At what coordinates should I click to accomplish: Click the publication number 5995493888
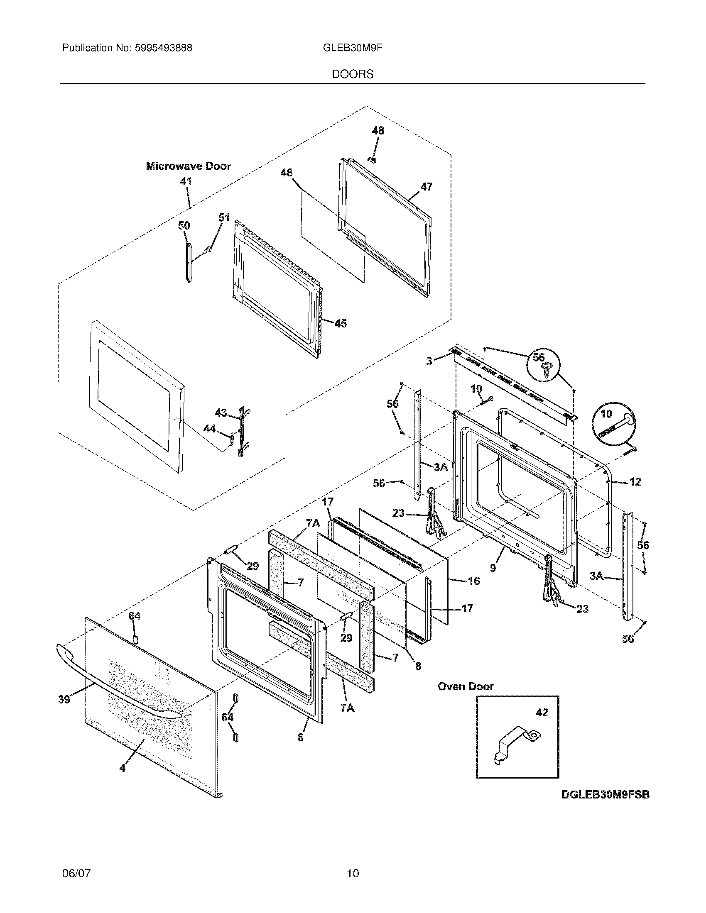[x=164, y=48]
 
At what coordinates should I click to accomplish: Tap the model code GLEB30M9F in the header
[x=353, y=48]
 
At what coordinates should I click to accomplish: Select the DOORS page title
[x=353, y=74]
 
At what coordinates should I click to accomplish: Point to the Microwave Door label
[x=188, y=166]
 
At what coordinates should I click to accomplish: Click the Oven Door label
[x=466, y=686]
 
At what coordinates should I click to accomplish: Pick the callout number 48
[x=378, y=131]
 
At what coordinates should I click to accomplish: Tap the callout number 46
[x=287, y=173]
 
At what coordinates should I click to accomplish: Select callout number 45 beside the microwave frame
[x=341, y=323]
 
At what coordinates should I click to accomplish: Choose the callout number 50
[x=184, y=226]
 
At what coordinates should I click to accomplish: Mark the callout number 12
[x=635, y=482]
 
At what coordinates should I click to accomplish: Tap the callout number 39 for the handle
[x=64, y=699]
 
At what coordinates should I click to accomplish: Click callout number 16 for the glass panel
[x=473, y=581]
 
